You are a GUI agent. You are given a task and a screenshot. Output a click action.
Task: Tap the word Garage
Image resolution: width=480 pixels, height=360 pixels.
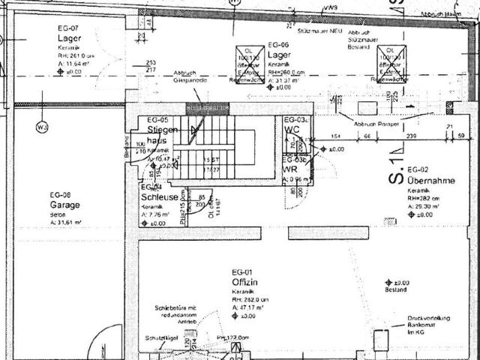point(64,204)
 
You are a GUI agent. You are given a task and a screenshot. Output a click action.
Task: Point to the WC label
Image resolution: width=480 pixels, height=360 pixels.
point(292,130)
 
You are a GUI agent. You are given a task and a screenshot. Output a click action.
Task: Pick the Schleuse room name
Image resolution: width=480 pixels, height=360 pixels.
point(159,197)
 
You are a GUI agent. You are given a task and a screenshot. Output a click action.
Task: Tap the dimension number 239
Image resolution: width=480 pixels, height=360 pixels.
point(411,136)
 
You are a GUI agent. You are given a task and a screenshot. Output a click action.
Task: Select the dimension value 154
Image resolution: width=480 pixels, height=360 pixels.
point(337,136)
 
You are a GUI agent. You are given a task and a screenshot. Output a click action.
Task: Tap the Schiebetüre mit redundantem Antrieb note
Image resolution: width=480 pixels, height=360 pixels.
point(175,313)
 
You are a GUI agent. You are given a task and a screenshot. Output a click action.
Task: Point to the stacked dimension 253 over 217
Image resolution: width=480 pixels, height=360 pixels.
point(151,67)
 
